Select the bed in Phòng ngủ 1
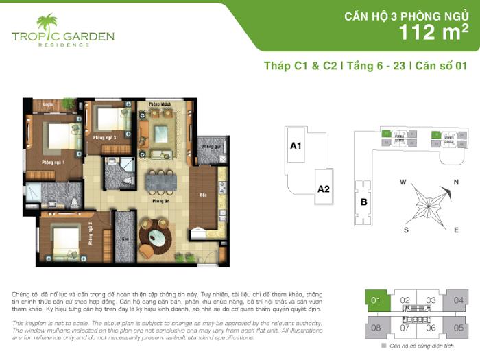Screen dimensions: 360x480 [61, 137]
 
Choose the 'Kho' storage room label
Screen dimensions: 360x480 [125, 239]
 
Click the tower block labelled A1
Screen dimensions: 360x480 [297, 146]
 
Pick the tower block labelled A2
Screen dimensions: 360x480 [324, 189]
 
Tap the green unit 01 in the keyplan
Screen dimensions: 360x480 [376, 300]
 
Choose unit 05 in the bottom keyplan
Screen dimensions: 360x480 [458, 328]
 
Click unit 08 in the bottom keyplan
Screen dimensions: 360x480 [376, 328]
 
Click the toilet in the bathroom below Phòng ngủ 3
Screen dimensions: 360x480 [127, 180]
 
